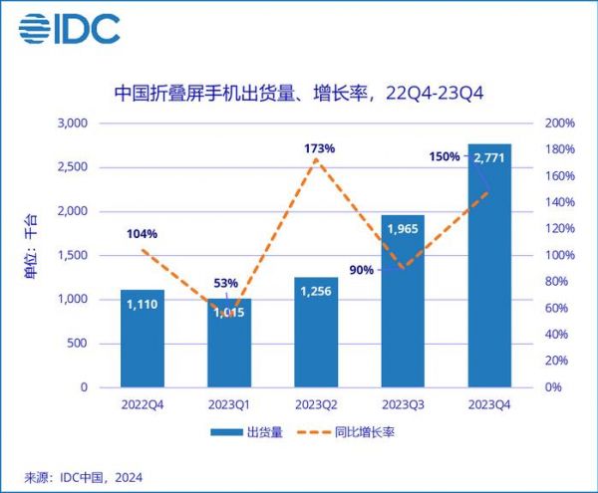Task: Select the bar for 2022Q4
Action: pyautogui.click(x=143, y=339)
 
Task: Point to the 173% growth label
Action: pyautogui.click(x=320, y=148)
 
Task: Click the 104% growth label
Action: pyautogui.click(x=143, y=234)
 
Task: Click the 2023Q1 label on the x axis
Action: pyautogui.click(x=230, y=404)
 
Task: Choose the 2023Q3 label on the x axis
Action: pyautogui.click(x=403, y=404)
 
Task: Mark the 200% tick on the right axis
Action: pyautogui.click(x=560, y=123)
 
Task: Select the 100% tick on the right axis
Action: pyautogui.click(x=560, y=255)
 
